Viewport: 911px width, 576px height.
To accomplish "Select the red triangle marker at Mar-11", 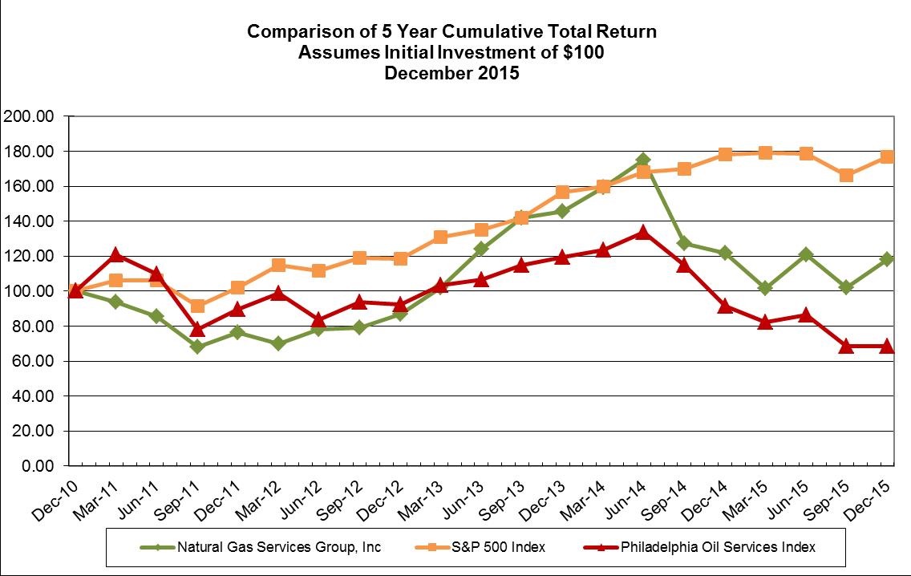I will click(x=115, y=255).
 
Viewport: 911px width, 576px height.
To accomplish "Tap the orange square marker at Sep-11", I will click(x=197, y=306).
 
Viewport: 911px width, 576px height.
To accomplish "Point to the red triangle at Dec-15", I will click(x=887, y=346).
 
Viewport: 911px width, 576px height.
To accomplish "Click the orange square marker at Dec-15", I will click(x=887, y=157).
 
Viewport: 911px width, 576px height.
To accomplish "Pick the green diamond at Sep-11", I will click(x=197, y=347).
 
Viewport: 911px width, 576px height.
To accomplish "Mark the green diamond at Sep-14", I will click(x=683, y=243).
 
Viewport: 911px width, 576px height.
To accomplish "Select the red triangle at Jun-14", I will click(x=642, y=232).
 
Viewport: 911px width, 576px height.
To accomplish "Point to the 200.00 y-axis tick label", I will click(x=29, y=116).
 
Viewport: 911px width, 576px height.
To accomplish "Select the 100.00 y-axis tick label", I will click(x=29, y=291).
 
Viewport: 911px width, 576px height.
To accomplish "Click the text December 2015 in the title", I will click(x=451, y=73).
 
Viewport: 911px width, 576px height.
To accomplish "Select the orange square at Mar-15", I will click(x=765, y=152).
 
